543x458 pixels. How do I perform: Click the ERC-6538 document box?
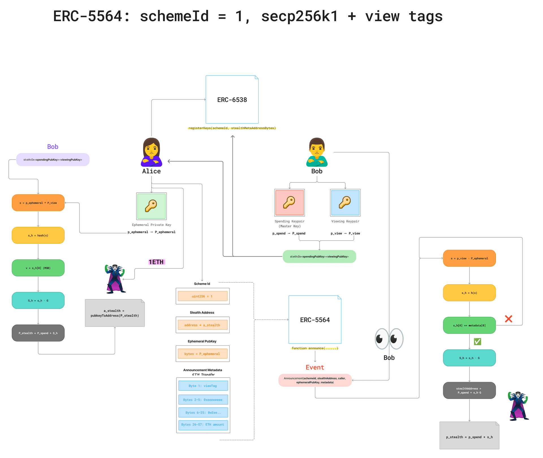coord(232,100)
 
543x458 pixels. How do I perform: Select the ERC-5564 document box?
coord(315,320)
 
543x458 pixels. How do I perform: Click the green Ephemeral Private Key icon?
coord(151,206)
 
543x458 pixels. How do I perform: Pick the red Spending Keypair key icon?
coord(289,203)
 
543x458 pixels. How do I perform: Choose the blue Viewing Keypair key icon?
coord(345,203)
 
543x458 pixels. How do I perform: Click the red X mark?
coord(508,319)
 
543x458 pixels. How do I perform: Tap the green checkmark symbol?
coord(477,342)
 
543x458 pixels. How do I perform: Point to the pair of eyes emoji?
coord(389,339)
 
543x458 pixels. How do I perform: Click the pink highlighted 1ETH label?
coord(157,262)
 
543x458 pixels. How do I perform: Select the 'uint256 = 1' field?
coord(202,296)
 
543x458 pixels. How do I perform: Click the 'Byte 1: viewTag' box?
coord(203,386)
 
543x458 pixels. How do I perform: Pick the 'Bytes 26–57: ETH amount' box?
coord(203,425)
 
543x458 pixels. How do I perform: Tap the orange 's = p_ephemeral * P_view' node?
coord(38,203)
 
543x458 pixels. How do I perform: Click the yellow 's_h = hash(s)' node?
coord(38,235)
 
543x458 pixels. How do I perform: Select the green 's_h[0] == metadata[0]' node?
coord(469,325)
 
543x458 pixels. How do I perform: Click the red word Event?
coord(315,367)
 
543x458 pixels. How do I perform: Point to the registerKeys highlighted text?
coord(232,128)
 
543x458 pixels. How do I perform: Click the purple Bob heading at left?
coord(53,147)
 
